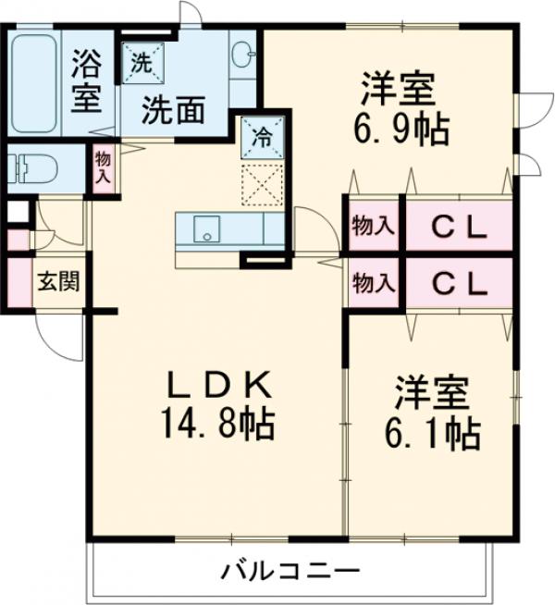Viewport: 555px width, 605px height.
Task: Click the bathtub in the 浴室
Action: pos(34,83)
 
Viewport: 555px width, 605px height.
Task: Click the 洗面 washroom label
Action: pos(173,110)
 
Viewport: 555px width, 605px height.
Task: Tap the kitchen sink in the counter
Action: pos(206,228)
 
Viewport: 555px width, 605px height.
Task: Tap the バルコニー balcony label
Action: pos(289,571)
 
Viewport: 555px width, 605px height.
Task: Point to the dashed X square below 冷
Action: pos(263,185)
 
